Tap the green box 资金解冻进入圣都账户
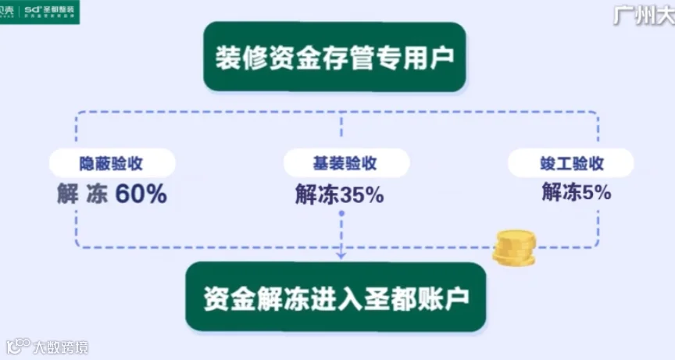(x=335, y=297)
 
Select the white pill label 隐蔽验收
(x=112, y=164)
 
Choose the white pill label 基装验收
(x=341, y=164)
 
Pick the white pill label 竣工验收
(x=571, y=164)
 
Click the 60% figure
(x=141, y=194)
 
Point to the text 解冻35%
(x=339, y=194)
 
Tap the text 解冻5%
(x=576, y=192)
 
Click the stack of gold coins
(x=514, y=248)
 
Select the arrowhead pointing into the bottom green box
(x=341, y=255)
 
